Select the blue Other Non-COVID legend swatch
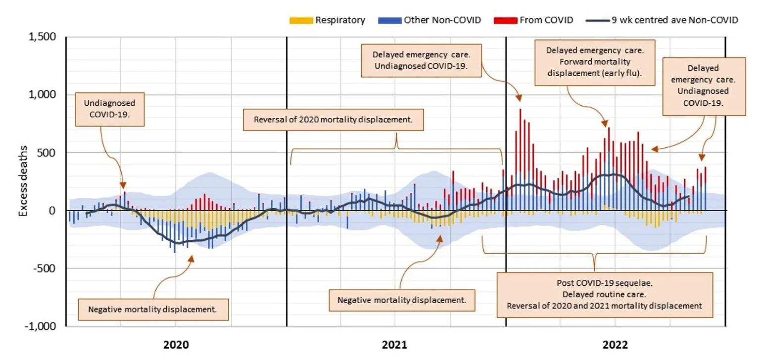pyautogui.click(x=389, y=20)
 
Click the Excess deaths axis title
pyautogui.click(x=23, y=181)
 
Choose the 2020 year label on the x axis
pyautogui.click(x=176, y=345)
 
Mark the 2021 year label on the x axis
pyautogui.click(x=395, y=345)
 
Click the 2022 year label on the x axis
pyautogui.click(x=615, y=345)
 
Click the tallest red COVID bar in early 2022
pyautogui.click(x=521, y=138)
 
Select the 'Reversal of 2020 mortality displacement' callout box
pyautogui.click(x=333, y=120)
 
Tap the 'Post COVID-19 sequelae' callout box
pyautogui.click(x=605, y=295)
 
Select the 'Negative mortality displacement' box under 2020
pyautogui.click(x=154, y=309)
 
